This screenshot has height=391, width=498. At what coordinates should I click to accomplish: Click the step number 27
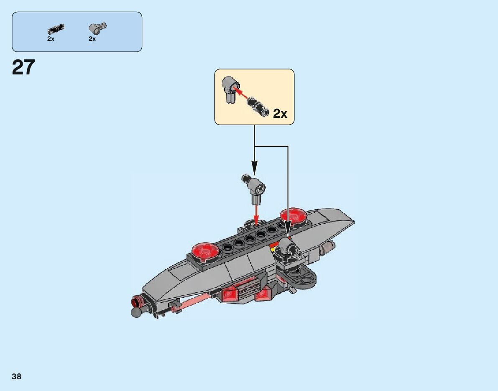tap(23, 67)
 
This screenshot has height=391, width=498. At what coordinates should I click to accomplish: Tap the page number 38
tap(17, 376)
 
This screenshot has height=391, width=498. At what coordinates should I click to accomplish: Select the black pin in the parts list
tap(56, 29)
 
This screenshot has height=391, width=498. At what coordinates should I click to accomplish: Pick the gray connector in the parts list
tap(97, 28)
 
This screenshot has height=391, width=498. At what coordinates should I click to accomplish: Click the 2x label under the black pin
tap(51, 39)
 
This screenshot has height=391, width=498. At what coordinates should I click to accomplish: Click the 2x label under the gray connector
tap(92, 39)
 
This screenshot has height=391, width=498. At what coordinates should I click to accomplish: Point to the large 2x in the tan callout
tap(280, 113)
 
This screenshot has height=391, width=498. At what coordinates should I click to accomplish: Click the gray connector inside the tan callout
tap(229, 88)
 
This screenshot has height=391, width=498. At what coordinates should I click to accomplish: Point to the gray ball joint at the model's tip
tap(136, 312)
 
